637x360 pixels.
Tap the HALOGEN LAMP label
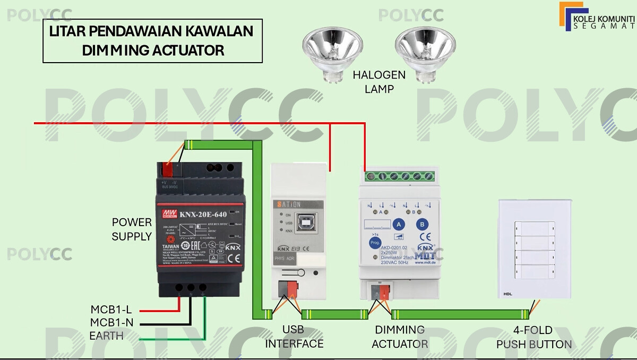click(x=379, y=82)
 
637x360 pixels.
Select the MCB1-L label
click(x=111, y=310)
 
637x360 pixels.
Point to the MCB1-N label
click(x=111, y=322)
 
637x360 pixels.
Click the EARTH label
click(x=106, y=336)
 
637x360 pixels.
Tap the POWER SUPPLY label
click(x=132, y=229)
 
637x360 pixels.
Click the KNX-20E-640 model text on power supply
click(x=202, y=215)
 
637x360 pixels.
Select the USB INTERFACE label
click(x=294, y=337)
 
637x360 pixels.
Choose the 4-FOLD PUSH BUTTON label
click(x=534, y=337)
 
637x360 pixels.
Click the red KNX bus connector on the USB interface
click(x=291, y=289)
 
